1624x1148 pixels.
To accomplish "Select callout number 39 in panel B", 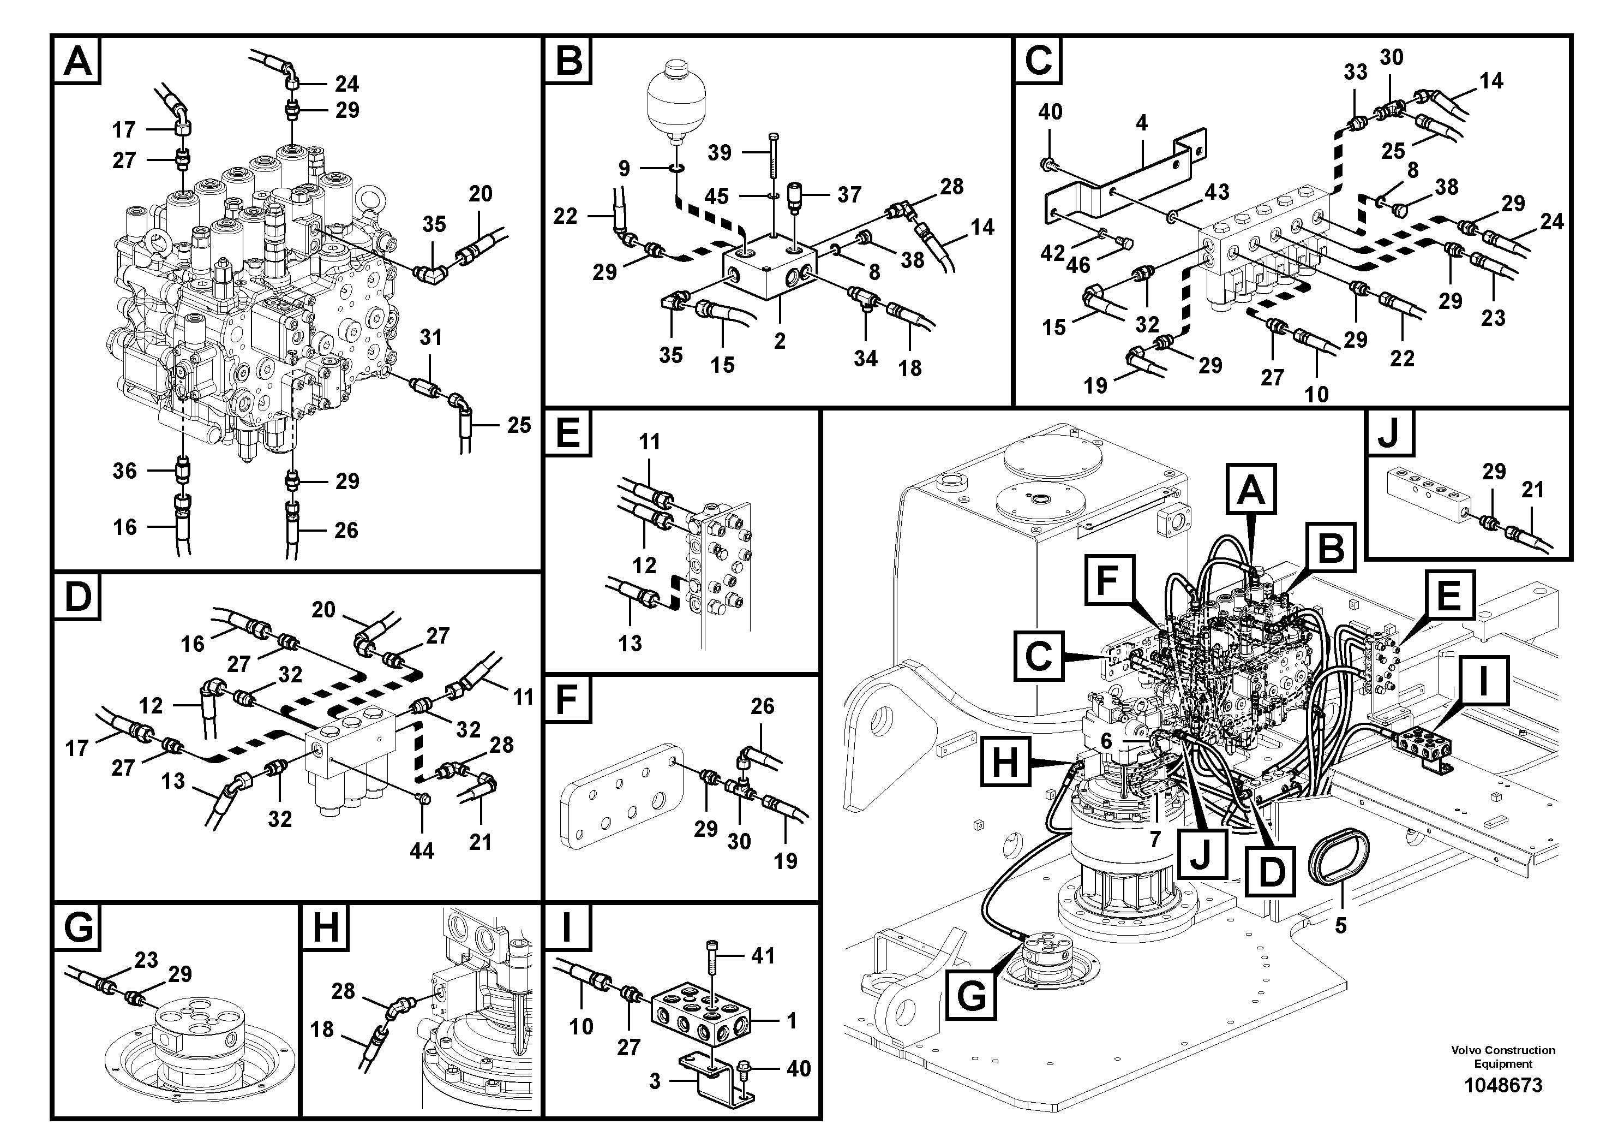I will tap(720, 152).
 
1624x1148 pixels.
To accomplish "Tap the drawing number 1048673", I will tap(1502, 1085).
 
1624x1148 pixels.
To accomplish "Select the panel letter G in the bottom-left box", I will tap(78, 926).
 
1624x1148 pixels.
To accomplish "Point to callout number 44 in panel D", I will tap(422, 850).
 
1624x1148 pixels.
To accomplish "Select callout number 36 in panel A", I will tap(124, 470).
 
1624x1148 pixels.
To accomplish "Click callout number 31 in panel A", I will tap(431, 337).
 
